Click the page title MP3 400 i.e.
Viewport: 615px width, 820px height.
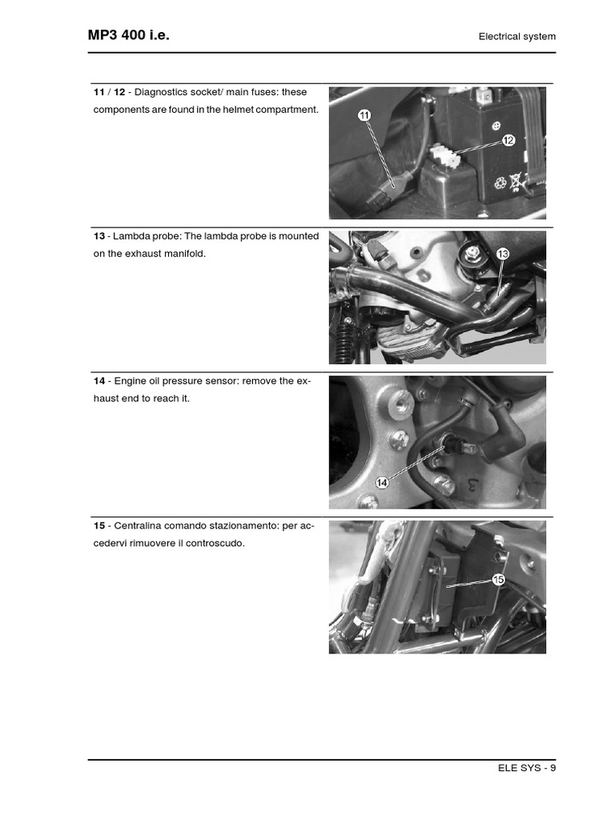tap(128, 35)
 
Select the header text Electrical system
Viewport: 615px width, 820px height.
tap(517, 36)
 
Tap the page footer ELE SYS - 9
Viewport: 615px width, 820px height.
tap(526, 768)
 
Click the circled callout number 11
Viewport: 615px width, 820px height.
tap(364, 116)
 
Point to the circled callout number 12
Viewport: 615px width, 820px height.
tap(508, 141)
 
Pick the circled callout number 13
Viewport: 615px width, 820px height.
tap(502, 254)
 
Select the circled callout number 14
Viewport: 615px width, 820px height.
tap(382, 482)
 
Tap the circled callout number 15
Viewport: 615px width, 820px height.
tap(498, 579)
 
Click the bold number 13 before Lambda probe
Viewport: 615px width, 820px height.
tap(99, 236)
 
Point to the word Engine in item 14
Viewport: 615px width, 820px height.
tap(130, 381)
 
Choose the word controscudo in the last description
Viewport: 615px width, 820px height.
tap(215, 544)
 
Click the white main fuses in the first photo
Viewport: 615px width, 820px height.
tap(443, 155)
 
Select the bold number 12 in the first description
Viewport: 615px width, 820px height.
tap(119, 92)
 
